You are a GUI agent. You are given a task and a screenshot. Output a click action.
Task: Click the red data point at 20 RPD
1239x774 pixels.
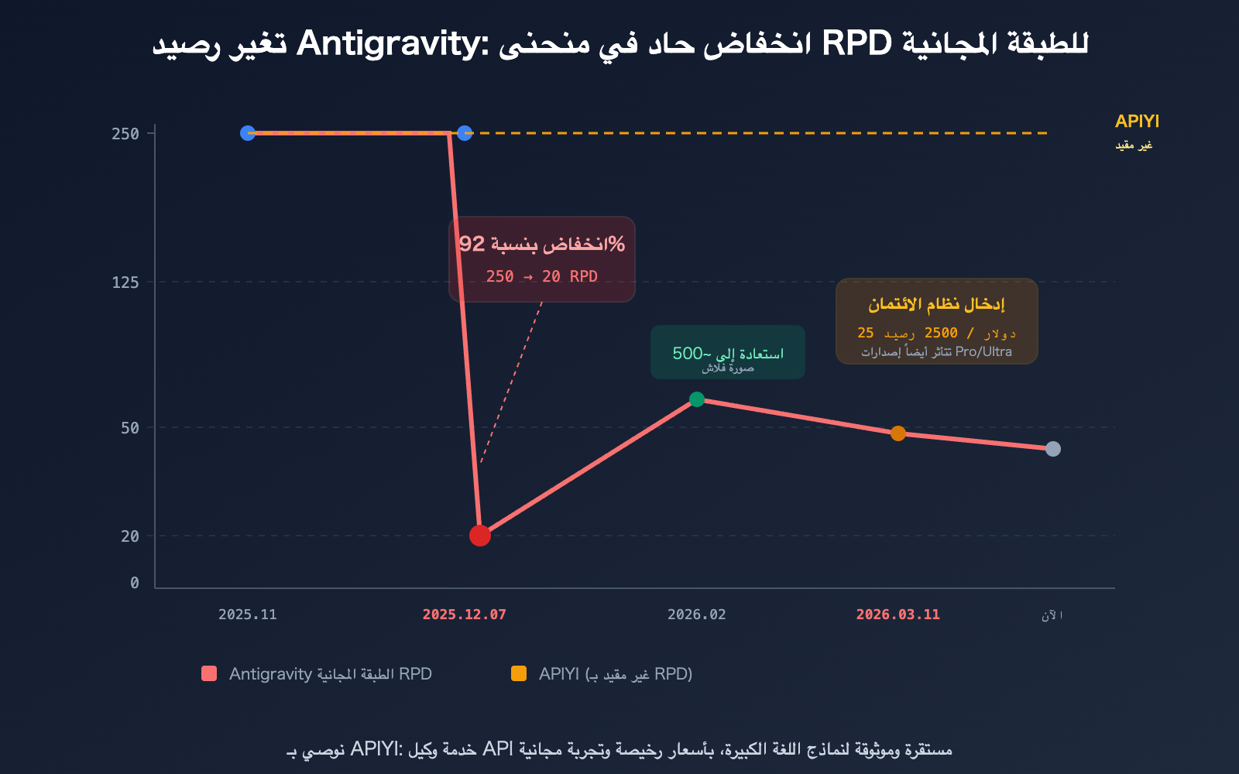coord(480,535)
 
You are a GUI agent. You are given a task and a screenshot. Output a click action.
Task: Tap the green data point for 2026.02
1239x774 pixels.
coord(697,399)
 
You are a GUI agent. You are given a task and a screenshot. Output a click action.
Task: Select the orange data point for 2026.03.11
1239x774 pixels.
coord(898,433)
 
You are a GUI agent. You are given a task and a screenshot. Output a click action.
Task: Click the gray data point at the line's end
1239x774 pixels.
coord(1053,449)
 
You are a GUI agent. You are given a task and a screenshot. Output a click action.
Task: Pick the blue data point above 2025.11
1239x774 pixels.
coord(248,133)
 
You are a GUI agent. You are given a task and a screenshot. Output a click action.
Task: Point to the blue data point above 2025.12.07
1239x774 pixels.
coord(465,133)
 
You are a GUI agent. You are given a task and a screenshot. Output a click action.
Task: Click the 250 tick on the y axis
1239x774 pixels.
coord(125,134)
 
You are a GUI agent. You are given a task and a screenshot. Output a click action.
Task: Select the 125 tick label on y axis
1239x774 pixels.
coord(125,283)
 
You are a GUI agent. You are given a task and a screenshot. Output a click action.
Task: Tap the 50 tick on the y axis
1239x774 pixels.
coord(130,428)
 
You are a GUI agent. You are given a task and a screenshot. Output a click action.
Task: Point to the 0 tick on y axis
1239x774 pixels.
coord(135,583)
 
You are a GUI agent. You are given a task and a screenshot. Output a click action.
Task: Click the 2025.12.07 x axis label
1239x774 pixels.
coord(464,615)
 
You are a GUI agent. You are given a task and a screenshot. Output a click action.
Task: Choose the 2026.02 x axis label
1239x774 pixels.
coord(696,615)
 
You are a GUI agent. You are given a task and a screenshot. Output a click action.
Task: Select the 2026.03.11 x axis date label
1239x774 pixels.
coord(898,615)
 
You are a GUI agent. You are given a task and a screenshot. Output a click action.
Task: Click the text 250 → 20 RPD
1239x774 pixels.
coord(541,276)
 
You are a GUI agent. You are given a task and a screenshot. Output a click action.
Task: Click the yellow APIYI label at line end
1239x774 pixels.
coord(1137,122)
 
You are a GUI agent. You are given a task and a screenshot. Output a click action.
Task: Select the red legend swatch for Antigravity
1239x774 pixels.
coord(209,673)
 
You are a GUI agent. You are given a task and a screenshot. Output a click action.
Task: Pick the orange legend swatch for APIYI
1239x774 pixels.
coord(519,673)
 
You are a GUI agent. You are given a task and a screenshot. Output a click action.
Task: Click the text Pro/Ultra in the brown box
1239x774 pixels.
coord(983,351)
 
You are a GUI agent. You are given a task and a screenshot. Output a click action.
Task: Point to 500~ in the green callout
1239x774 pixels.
coord(688,354)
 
